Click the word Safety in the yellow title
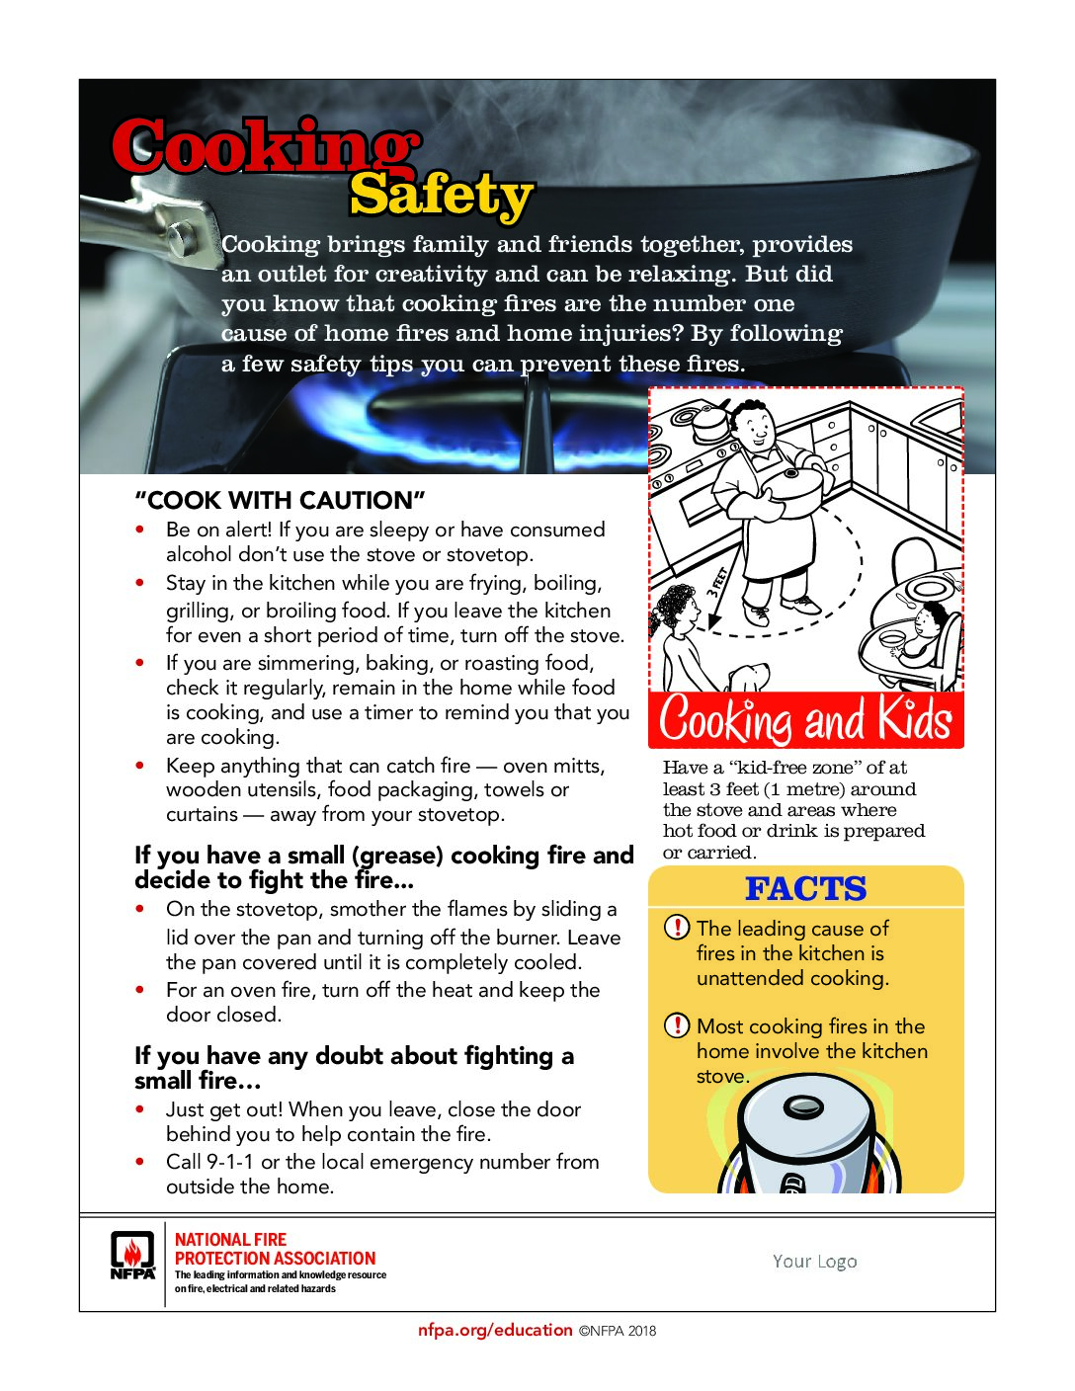(441, 196)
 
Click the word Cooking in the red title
(265, 146)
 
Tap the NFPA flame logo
(132, 1255)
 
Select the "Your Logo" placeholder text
(814, 1261)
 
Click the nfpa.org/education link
(494, 1330)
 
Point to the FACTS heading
(805, 888)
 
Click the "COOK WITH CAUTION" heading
(280, 500)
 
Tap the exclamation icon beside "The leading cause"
(677, 928)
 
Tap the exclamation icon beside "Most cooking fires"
(677, 1025)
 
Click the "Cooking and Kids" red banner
(805, 719)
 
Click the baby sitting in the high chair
(927, 632)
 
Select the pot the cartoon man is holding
(796, 486)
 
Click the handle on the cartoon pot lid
(802, 1108)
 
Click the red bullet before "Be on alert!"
(141, 530)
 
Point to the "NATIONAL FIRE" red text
(230, 1239)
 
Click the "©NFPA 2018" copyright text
(618, 1331)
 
